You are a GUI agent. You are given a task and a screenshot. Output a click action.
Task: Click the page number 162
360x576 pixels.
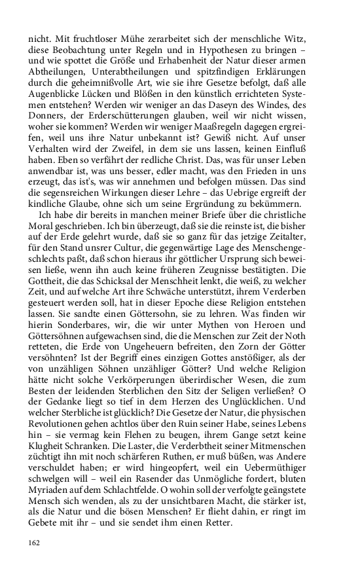click(x=34, y=543)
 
